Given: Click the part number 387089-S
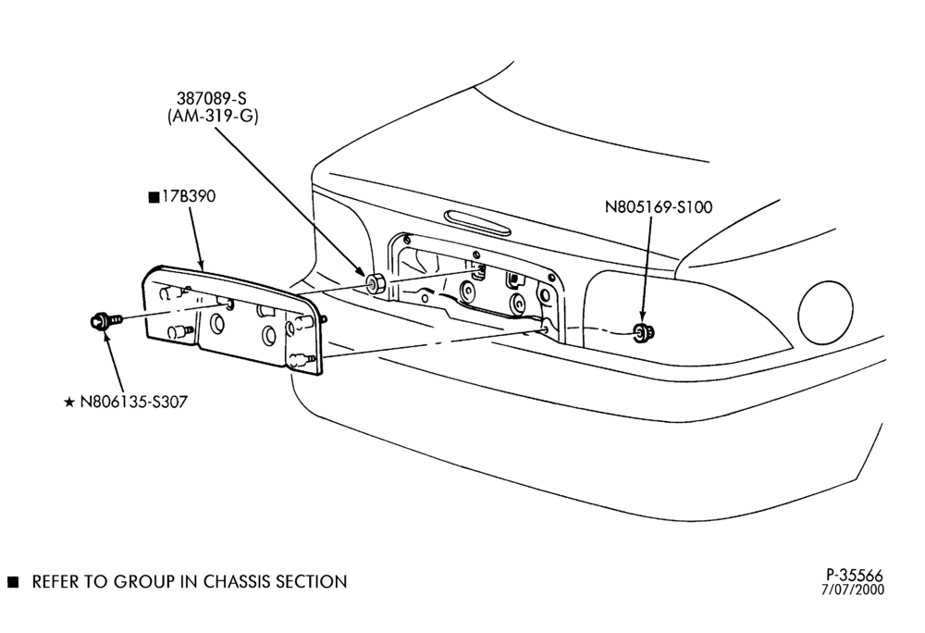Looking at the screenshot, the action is [x=211, y=98].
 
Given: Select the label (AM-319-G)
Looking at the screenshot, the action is [x=213, y=117].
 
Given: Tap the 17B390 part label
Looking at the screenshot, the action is [x=189, y=196].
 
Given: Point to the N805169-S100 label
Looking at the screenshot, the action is [x=659, y=207].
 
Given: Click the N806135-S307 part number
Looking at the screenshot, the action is [x=134, y=402].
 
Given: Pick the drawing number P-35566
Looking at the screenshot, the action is [x=854, y=575].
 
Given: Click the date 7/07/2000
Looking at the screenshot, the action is [x=853, y=590].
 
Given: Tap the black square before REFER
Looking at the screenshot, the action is [x=13, y=582].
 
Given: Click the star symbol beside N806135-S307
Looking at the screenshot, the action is [x=69, y=403].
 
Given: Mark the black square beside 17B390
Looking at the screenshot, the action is [x=154, y=197].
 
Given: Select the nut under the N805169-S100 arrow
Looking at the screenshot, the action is [x=643, y=334].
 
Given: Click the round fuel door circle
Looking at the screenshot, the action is [x=825, y=311].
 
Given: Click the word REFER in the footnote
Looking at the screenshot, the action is [x=55, y=582].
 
